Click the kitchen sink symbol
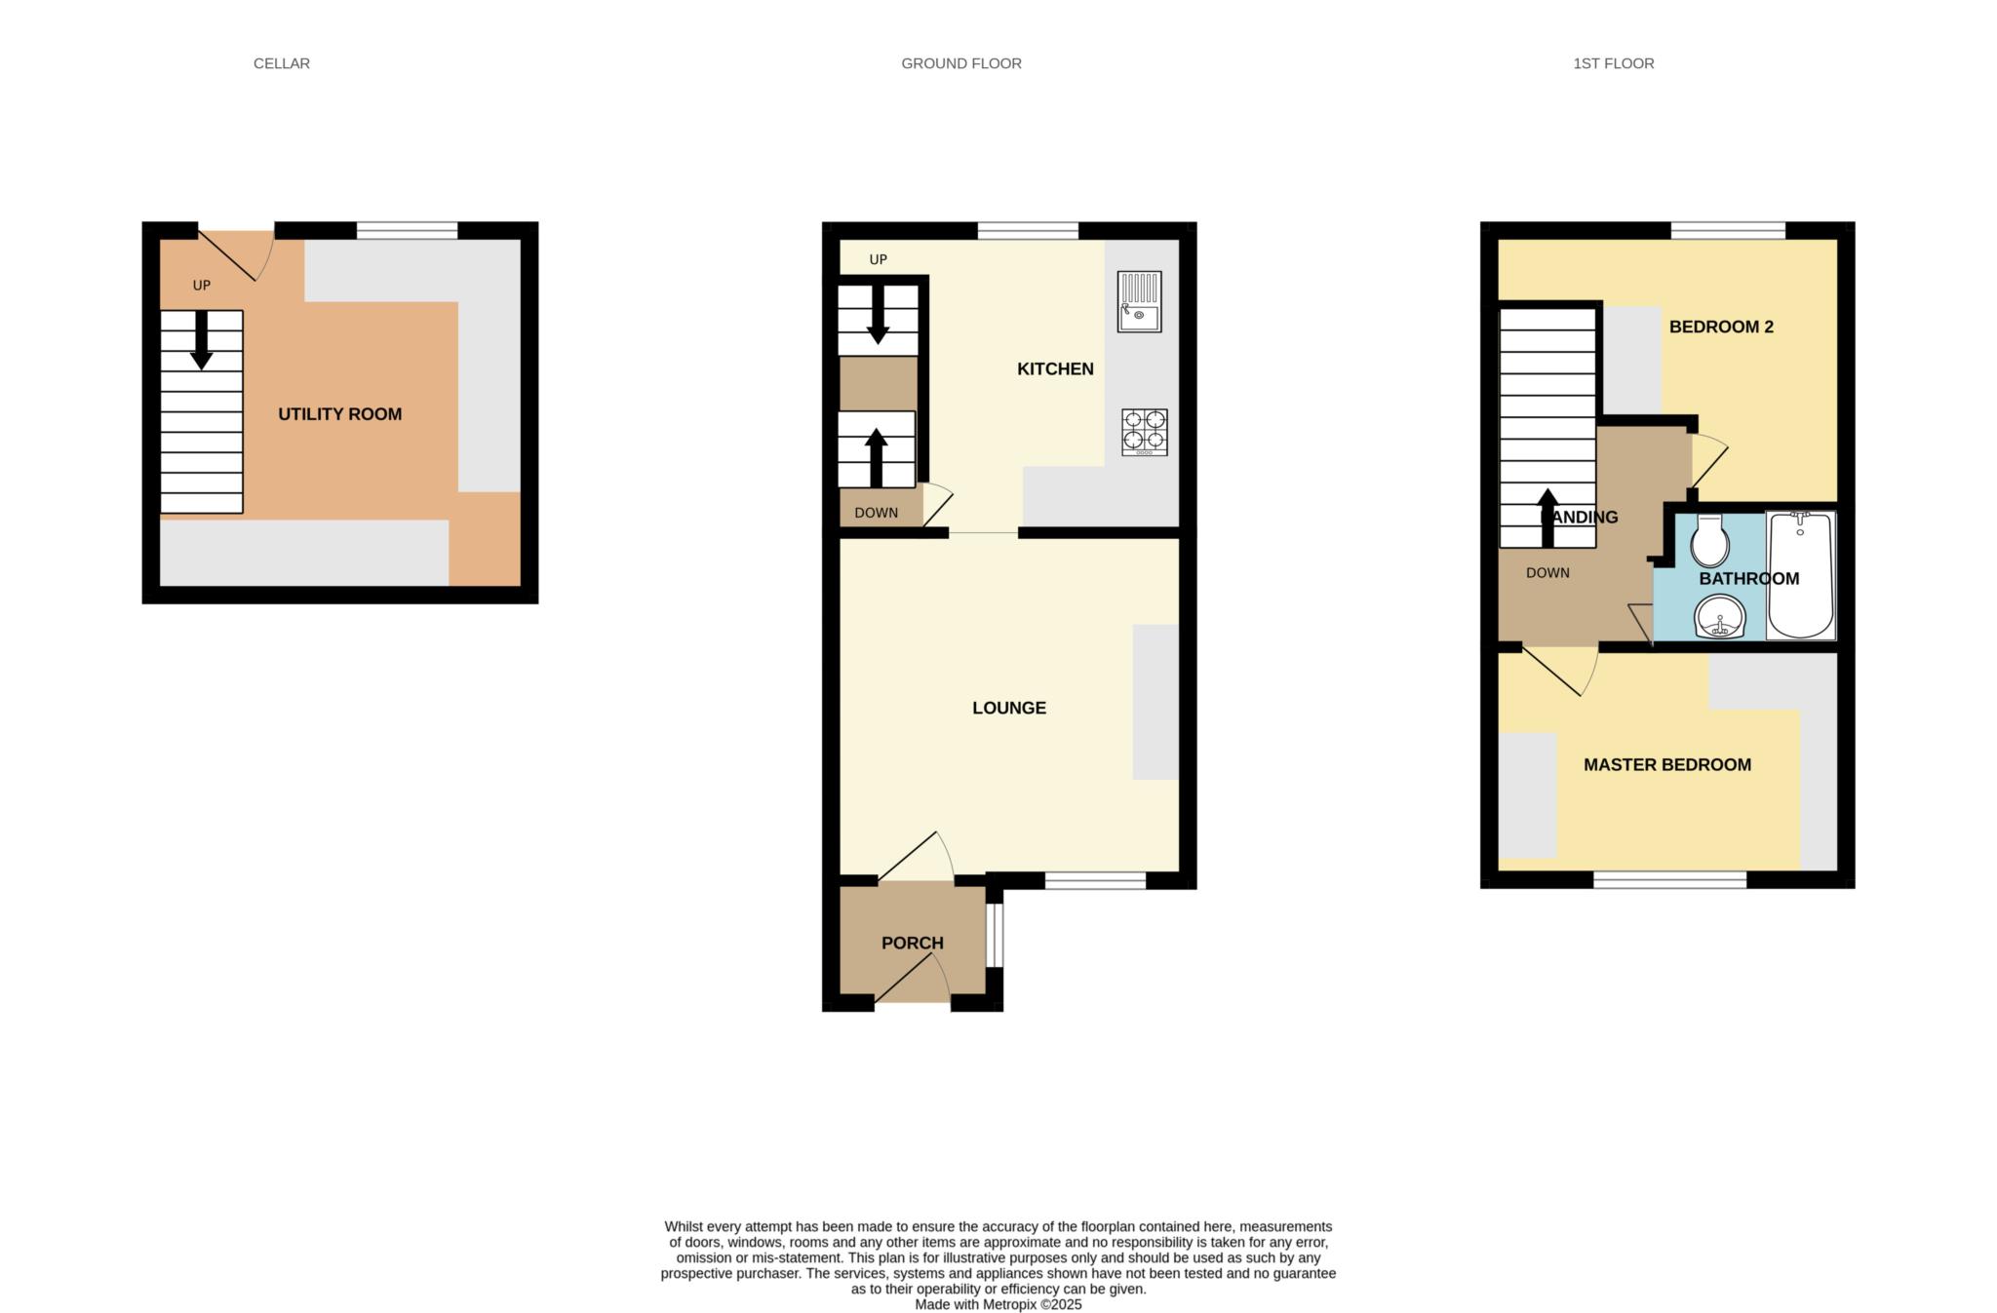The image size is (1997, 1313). pos(1139,301)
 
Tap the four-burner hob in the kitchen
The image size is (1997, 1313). pos(1144,432)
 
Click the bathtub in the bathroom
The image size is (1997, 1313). pos(1800,575)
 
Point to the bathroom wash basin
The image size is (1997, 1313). pos(1719,617)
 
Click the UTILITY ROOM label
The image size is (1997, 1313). pos(339,414)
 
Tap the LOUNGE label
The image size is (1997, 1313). pos(1008,708)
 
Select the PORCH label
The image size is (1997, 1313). pos(912,943)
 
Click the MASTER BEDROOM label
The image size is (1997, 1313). pos(1666,765)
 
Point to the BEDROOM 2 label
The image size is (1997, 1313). pos(1720,327)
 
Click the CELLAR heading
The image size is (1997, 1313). pos(281,63)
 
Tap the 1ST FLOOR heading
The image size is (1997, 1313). pos(1613,63)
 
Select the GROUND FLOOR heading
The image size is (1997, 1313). pos(960,63)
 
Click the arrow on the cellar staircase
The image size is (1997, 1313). pos(201,340)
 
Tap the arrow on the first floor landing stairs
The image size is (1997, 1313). pos(1547,517)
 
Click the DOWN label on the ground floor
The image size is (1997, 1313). pos(876,513)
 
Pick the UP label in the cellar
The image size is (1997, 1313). pos(201,286)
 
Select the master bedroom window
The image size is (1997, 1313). pos(1669,880)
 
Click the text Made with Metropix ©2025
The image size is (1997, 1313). pos(998,1304)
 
